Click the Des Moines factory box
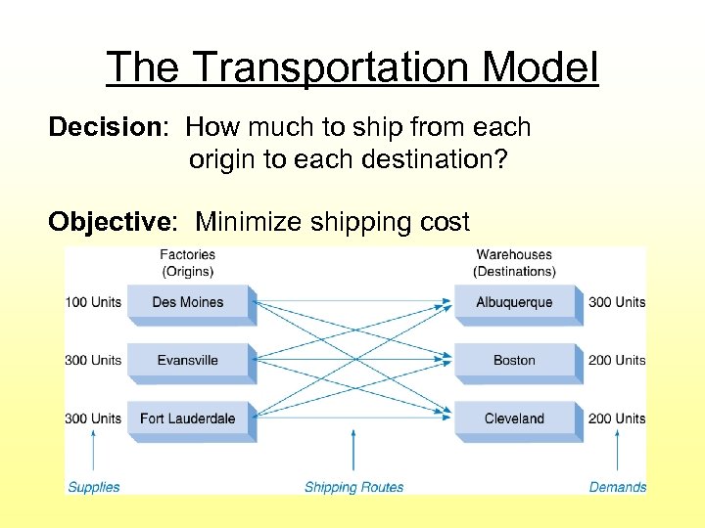(188, 302)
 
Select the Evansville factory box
(188, 360)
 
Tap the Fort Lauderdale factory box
(188, 418)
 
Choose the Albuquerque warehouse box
(514, 302)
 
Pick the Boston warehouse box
(514, 360)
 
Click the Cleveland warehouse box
(514, 418)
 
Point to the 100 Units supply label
(93, 302)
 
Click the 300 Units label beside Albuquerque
(617, 302)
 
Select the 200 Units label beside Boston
(617, 360)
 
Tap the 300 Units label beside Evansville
(93, 360)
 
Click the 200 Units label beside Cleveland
(617, 418)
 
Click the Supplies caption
(94, 487)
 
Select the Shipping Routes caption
(353, 487)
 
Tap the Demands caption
(618, 487)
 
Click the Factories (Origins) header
(187, 263)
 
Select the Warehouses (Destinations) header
(514, 263)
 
